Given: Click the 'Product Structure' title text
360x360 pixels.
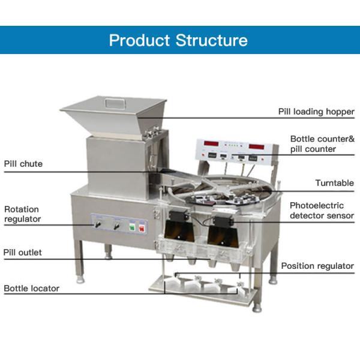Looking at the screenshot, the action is [178, 40].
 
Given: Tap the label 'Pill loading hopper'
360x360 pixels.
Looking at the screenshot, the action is [316, 112].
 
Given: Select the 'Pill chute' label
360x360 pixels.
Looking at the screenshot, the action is [23, 163].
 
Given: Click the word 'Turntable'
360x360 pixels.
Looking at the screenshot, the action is [334, 183].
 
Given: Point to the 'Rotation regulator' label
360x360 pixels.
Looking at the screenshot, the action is [23, 214].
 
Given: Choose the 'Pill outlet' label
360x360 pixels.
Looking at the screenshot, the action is [23, 253].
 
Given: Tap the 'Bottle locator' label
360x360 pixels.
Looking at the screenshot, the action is [31, 288].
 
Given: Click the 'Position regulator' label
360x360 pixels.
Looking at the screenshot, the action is [317, 266].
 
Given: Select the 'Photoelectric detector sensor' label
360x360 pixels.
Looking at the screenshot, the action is [322, 210].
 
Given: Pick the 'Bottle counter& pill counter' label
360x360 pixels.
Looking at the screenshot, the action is [322, 144].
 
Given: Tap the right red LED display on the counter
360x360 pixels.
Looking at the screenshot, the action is [259, 146].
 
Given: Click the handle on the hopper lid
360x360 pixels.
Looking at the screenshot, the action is [114, 103].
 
